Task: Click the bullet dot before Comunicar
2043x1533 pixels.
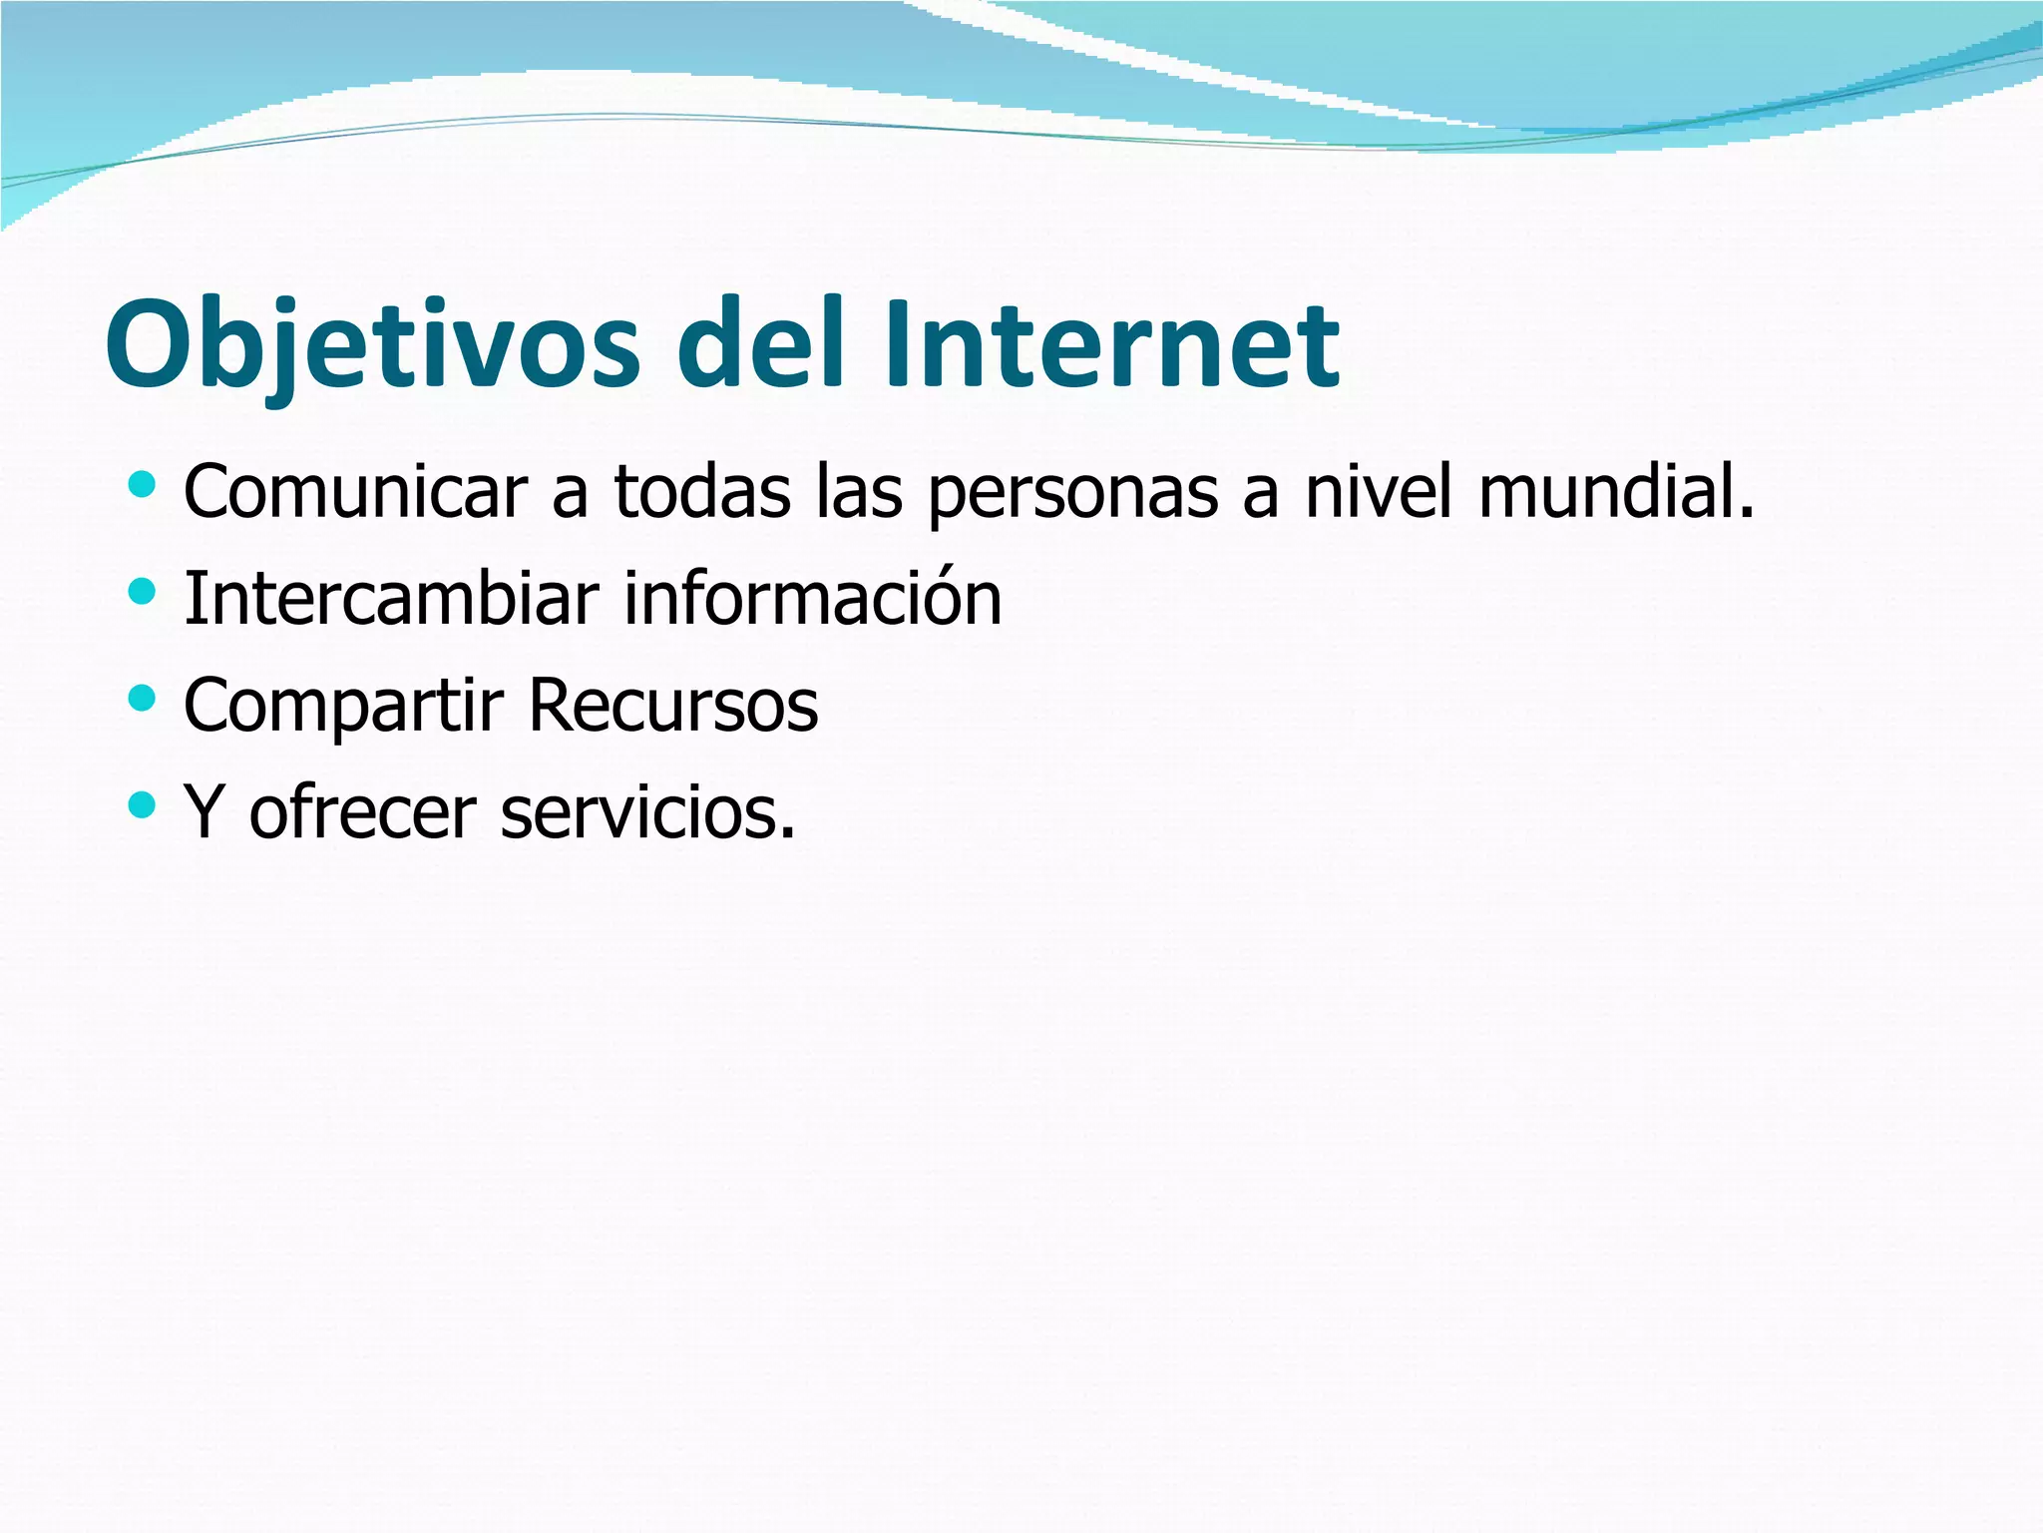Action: pyautogui.click(x=143, y=486)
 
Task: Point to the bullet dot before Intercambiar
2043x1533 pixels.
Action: pyautogui.click(x=143, y=593)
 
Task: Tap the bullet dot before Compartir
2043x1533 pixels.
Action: pyautogui.click(x=143, y=699)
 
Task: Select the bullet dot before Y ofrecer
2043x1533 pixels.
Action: pyautogui.click(x=143, y=804)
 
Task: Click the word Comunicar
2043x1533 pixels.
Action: pyautogui.click(x=355, y=492)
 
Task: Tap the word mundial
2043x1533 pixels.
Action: pyautogui.click(x=1615, y=492)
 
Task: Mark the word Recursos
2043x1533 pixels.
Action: pyautogui.click(x=672, y=705)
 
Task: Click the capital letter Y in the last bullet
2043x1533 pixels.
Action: pyautogui.click(x=204, y=811)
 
